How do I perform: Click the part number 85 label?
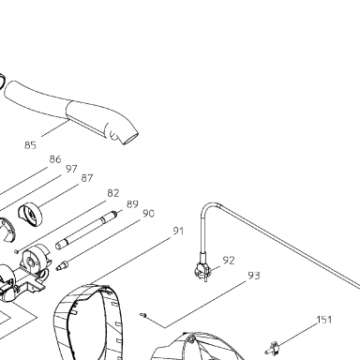coord(30,145)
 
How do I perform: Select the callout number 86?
coord(55,159)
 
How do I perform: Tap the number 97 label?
coord(71,169)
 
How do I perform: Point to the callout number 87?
coord(87,178)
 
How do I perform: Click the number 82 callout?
coord(113,193)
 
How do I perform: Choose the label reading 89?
coord(132,204)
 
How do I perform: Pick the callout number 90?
coord(148,214)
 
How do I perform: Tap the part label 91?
coord(178,232)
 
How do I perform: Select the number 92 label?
coord(229,260)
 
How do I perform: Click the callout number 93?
coord(254,276)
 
